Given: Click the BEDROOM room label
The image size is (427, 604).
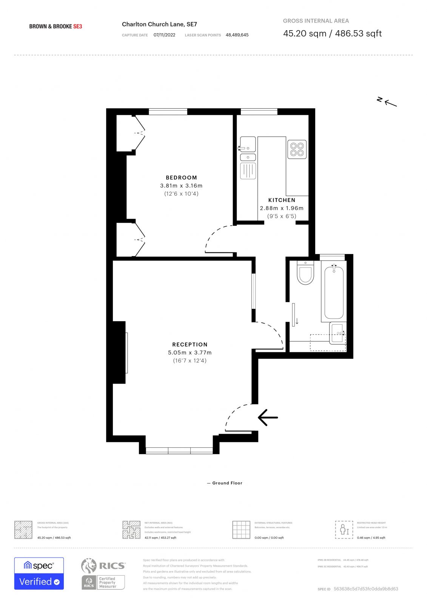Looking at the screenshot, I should pos(181,177).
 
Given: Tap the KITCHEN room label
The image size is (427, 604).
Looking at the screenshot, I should pos(282,200).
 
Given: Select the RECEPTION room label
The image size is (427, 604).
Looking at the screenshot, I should pos(190,344).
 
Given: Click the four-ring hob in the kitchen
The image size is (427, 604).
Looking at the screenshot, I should pos(297,149).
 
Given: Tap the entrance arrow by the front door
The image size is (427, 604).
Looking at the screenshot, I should pos(268,418).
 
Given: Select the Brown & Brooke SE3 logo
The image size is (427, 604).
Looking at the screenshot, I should pos(55,26).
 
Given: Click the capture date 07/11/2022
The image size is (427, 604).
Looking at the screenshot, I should pos(164,35).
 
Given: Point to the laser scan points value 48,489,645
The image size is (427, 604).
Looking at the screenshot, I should pos(237,35).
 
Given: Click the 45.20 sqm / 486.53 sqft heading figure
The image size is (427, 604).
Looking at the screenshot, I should pos(332,34).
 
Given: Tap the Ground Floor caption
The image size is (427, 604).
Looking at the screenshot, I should pos(227,483).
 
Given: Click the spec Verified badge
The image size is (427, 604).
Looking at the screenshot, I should pos(39,573).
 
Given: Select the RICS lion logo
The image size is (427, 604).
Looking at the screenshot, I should pos(89,565).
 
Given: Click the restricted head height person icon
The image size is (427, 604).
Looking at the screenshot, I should pos(344,530).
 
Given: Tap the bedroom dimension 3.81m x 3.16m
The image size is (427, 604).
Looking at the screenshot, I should pos(181,186).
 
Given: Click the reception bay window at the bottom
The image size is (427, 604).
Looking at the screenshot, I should pos(179,450).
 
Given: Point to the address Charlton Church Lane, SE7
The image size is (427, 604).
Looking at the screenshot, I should pos(159,24).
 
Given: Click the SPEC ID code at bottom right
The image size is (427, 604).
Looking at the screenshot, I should pos(365,589).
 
